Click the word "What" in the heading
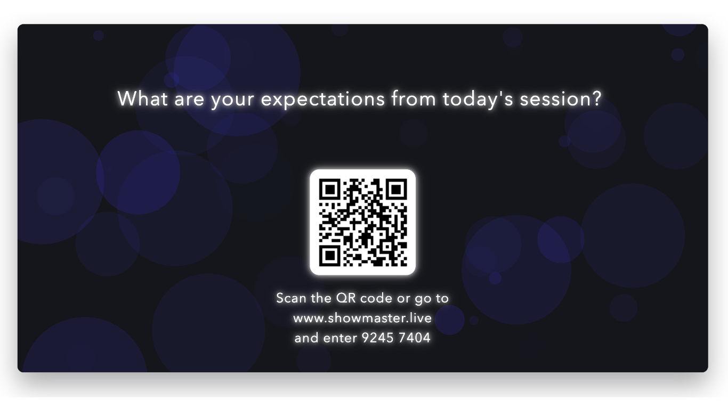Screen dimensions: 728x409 click(143, 99)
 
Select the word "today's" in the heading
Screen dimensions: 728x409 click(478, 99)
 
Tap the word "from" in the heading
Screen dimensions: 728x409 click(414, 98)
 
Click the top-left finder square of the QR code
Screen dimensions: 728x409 click(330, 189)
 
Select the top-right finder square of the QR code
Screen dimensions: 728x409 click(396, 189)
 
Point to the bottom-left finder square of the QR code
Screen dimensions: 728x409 click(330, 256)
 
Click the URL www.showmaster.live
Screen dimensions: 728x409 click(362, 318)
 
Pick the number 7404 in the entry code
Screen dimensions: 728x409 click(415, 338)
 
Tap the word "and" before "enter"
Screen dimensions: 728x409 click(306, 338)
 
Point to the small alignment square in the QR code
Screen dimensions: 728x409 click(387, 247)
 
